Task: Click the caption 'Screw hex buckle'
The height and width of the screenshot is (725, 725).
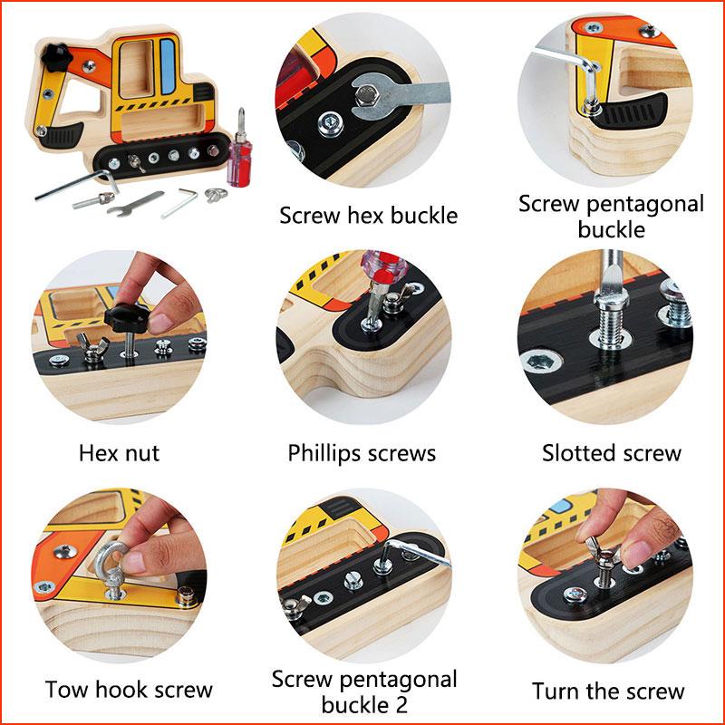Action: (x=368, y=216)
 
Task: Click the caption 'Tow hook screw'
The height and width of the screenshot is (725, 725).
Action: (x=129, y=691)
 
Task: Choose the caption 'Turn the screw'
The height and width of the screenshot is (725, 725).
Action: (x=608, y=691)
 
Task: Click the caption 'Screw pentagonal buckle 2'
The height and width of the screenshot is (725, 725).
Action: (x=364, y=691)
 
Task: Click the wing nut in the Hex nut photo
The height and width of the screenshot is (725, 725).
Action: (x=94, y=347)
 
